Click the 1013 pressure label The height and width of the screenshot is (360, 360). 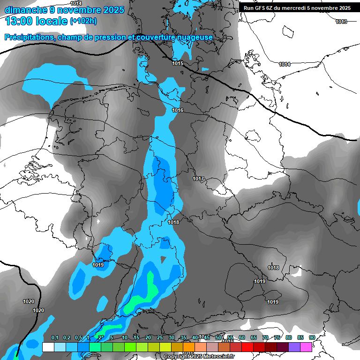click(341, 22)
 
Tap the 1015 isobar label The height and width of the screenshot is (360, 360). click(178, 63)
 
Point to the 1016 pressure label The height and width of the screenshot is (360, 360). click(178, 110)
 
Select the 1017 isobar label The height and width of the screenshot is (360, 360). click(198, 179)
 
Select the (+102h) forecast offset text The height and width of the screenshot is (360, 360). click(83, 21)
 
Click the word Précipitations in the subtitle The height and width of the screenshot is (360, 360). click(28, 37)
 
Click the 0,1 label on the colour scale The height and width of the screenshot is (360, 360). click(54, 338)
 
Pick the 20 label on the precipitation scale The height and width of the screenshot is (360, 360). click(148, 338)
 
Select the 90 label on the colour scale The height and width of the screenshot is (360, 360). click(312, 338)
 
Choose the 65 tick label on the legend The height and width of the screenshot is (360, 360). click(254, 338)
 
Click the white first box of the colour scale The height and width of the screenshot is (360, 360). click(48, 347)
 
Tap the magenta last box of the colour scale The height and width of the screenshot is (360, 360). click(306, 347)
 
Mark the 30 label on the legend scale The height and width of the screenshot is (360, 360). click(172, 338)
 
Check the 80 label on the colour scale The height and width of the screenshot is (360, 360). click(289, 338)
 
